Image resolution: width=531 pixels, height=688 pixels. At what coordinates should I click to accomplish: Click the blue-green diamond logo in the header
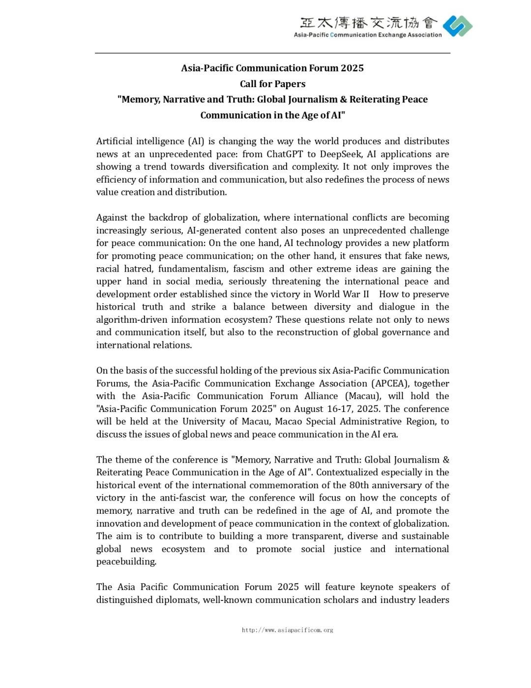click(x=457, y=26)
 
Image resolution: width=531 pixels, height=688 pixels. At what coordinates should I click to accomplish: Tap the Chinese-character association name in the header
click(x=368, y=23)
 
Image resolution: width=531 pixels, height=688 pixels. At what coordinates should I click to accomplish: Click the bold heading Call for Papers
click(x=272, y=84)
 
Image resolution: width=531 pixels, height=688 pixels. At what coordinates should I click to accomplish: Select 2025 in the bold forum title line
click(x=352, y=68)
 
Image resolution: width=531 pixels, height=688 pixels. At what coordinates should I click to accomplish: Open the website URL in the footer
click(x=287, y=630)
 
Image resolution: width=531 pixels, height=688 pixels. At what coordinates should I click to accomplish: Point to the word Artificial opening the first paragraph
click(x=115, y=141)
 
